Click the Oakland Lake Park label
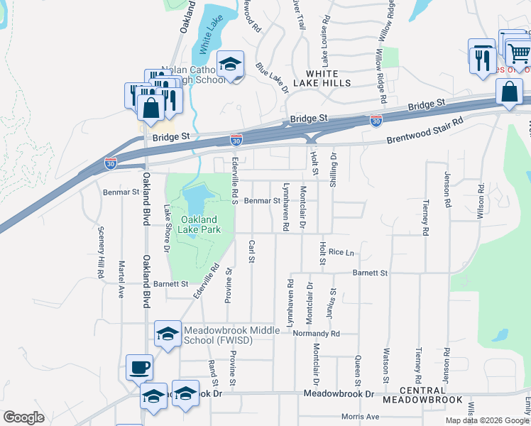pos(200,224)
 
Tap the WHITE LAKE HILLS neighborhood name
pos(328,78)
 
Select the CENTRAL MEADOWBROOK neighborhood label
pos(422,395)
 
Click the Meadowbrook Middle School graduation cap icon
pos(168,334)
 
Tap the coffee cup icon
pos(140,368)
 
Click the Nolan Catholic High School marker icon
pos(230,65)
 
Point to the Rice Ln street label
pos(341,252)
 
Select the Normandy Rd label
pos(318,333)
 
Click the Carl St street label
pos(251,251)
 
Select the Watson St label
pos(387,361)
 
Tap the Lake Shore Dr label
pos(168,228)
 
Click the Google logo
pos(24,417)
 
